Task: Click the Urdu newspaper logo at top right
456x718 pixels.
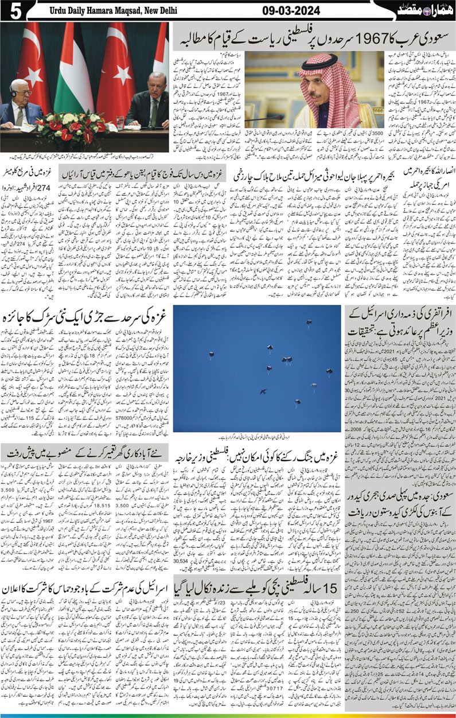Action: (x=425, y=9)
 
